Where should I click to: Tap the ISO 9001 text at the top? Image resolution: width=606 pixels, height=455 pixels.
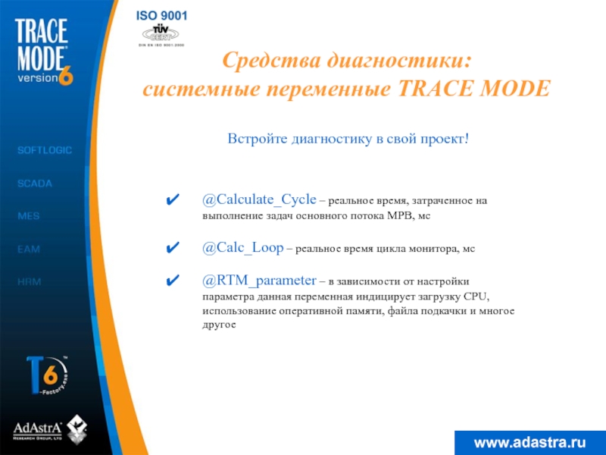coord(162,16)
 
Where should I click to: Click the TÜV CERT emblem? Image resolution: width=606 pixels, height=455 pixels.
coord(160,33)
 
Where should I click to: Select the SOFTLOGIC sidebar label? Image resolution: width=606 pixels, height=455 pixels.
coord(45,150)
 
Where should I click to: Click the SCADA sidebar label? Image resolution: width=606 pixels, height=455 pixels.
coord(35,183)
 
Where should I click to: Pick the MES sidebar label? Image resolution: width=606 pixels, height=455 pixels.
coord(29,216)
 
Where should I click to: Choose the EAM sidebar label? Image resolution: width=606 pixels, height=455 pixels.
coord(29,249)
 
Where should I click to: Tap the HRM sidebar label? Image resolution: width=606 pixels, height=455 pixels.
coord(30,281)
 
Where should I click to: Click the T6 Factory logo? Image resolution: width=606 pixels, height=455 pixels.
coord(47,375)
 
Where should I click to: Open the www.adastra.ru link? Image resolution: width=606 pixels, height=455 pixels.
coord(529,441)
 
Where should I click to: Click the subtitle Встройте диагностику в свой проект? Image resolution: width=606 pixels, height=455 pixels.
coord(348,140)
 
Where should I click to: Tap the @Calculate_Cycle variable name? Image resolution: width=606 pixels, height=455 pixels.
coord(259,200)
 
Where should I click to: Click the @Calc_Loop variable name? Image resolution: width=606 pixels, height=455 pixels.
coord(242,248)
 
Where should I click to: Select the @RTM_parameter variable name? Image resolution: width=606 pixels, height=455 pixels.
coord(259,281)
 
